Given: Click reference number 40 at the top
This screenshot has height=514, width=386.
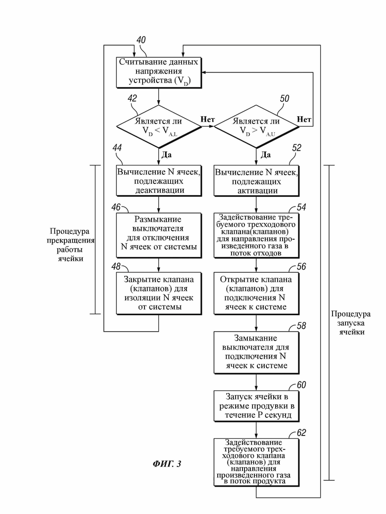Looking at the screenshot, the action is point(141,40).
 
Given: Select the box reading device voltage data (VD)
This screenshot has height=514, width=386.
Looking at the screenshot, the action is point(159,73).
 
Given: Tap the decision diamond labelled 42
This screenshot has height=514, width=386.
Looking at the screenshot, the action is point(159,126).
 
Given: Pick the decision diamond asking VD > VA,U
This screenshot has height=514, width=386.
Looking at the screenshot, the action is point(256,126).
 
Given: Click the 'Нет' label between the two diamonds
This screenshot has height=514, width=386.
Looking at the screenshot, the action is point(207,119).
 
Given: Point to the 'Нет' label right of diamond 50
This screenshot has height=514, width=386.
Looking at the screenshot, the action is point(304,119).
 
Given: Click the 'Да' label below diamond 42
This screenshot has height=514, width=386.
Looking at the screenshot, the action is point(167,154).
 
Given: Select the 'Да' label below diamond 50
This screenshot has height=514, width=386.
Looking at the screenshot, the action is point(266,154).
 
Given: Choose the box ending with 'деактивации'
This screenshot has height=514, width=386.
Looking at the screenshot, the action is point(159,180).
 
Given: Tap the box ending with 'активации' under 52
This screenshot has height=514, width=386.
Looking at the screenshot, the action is point(256,180).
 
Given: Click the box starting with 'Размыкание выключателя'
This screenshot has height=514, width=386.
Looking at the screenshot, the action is point(159,235).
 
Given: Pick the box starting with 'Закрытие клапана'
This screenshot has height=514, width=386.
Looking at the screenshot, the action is point(159,293).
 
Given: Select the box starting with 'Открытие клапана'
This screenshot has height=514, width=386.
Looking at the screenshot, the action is point(256,293).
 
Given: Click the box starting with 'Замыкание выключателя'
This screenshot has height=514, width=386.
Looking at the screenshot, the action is point(256,352).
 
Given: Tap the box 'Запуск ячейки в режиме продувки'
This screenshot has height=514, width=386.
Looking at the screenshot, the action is point(256,406).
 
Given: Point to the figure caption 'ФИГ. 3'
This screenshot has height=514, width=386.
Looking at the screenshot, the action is point(167,464).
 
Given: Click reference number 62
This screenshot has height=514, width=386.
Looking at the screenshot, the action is point(301,433).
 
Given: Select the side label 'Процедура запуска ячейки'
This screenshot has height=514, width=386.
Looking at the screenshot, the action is point(351,323).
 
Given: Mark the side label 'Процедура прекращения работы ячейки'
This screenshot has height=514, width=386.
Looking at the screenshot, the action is point(70,245).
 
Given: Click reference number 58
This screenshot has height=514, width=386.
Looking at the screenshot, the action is point(301,326).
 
